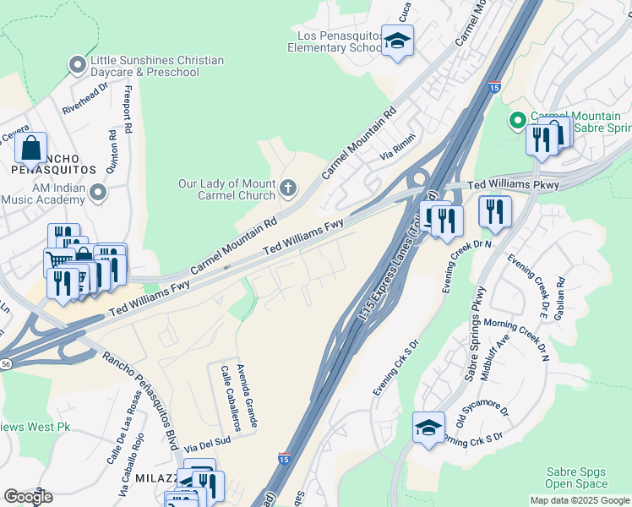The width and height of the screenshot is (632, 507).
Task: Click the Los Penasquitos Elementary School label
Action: (335, 42)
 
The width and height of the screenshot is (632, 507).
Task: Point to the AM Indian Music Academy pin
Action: (98, 194)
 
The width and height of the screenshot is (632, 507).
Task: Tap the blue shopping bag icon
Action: (30, 148)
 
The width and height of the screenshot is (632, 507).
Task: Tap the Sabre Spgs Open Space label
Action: (576, 478)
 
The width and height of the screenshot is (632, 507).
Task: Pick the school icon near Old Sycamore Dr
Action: (428, 428)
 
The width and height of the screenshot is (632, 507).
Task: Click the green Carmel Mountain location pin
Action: (516, 121)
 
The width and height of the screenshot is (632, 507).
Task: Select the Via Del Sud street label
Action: (207, 441)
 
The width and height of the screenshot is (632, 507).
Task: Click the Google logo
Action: (28, 496)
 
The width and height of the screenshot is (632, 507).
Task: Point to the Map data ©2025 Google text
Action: (579, 500)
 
